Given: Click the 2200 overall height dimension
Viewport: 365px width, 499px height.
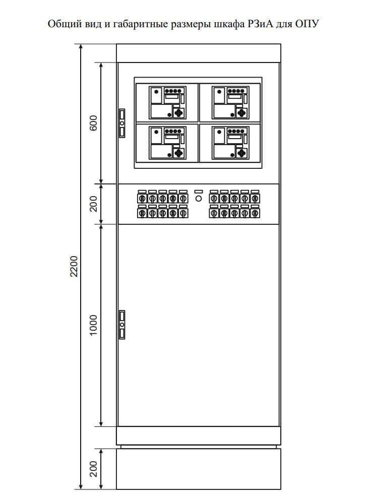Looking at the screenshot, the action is click(74, 266).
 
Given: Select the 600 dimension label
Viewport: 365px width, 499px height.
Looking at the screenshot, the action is click(94, 123).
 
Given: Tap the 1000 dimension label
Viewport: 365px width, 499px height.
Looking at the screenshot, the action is click(94, 325).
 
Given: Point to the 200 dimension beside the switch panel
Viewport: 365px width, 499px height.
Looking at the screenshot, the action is click(94, 204).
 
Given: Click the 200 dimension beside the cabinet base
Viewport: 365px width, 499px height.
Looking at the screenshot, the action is click(94, 469).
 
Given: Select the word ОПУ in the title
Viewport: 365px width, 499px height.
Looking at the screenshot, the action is click(307, 24).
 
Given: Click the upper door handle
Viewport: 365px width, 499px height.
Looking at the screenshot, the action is click(122, 123).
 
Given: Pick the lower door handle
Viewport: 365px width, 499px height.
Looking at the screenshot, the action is click(122, 325).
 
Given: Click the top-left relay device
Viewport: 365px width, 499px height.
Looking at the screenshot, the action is click(167, 102).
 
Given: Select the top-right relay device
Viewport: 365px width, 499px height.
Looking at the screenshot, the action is click(230, 102).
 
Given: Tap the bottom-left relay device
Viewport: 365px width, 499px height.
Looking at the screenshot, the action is click(167, 143).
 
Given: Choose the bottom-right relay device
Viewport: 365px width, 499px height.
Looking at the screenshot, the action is click(230, 143).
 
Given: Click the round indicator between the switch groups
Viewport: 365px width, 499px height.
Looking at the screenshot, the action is click(199, 199).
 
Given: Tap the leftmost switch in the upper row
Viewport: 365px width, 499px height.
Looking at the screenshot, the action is click(142, 199).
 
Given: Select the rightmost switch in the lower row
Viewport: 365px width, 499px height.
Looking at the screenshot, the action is click(255, 213).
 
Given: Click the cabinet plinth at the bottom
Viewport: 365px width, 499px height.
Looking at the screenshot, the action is click(199, 469).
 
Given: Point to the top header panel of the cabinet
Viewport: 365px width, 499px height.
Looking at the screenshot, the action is click(199, 53).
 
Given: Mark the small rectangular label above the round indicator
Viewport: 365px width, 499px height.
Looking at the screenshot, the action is click(199, 192).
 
